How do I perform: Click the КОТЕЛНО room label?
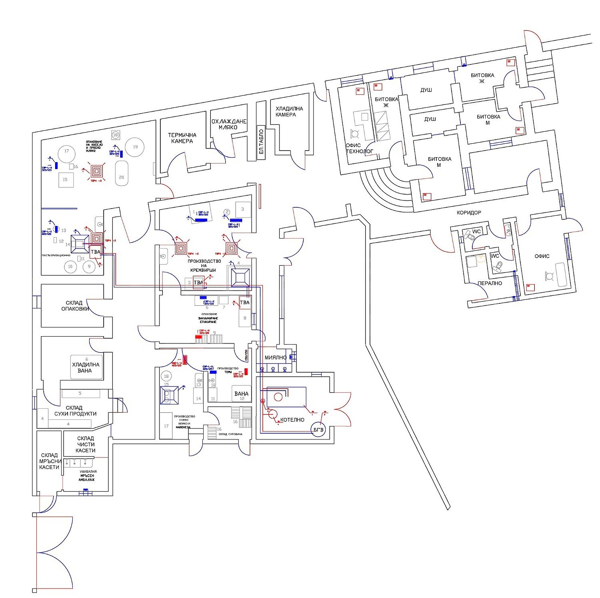point(292,420)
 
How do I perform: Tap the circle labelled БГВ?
point(318,429)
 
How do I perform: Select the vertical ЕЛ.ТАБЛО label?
point(261,142)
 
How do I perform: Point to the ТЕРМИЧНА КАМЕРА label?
point(182,138)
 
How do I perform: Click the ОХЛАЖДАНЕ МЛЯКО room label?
point(229,124)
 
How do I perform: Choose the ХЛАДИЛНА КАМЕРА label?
point(289,111)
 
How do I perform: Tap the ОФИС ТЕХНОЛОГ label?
point(359,148)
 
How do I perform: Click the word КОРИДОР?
point(469,213)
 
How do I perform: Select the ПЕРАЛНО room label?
point(490,283)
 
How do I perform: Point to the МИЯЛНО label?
point(275,357)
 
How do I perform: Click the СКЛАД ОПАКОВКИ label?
point(75,306)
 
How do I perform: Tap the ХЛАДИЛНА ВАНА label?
point(86,367)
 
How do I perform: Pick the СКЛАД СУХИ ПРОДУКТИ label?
point(75,411)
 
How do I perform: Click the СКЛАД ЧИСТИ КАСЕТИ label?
point(86,444)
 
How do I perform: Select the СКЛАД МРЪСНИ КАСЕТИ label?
point(49,461)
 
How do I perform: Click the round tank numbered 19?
point(135,147)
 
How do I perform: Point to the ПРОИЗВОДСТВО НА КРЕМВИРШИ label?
point(204,265)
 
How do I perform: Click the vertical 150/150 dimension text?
point(246,355)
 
